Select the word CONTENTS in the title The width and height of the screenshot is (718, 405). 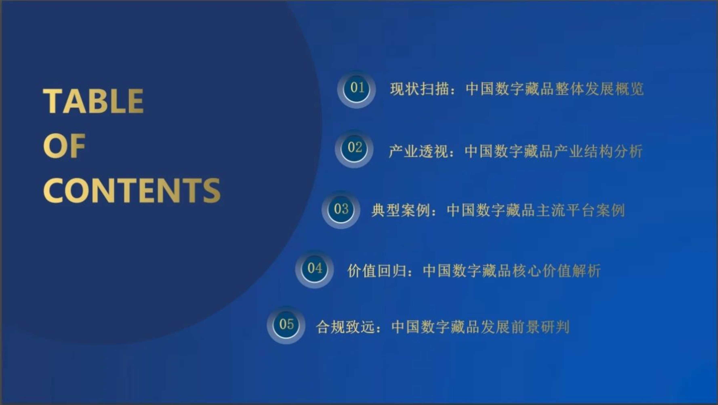pos(132,190)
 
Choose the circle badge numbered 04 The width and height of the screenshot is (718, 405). pos(314,269)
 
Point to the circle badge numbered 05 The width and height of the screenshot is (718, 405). pos(286,325)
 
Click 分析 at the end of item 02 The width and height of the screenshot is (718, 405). pos(628,152)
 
